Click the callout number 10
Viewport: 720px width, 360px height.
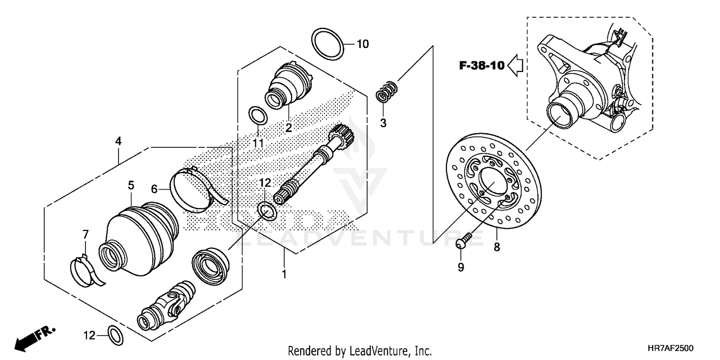click(x=362, y=44)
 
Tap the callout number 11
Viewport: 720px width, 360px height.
click(x=258, y=143)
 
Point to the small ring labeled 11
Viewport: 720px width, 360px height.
click(x=258, y=116)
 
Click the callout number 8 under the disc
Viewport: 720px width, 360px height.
click(x=497, y=247)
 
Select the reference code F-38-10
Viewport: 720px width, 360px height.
click(x=481, y=65)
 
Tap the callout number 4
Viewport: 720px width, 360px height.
click(x=118, y=141)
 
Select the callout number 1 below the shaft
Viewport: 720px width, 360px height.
click(x=284, y=275)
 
